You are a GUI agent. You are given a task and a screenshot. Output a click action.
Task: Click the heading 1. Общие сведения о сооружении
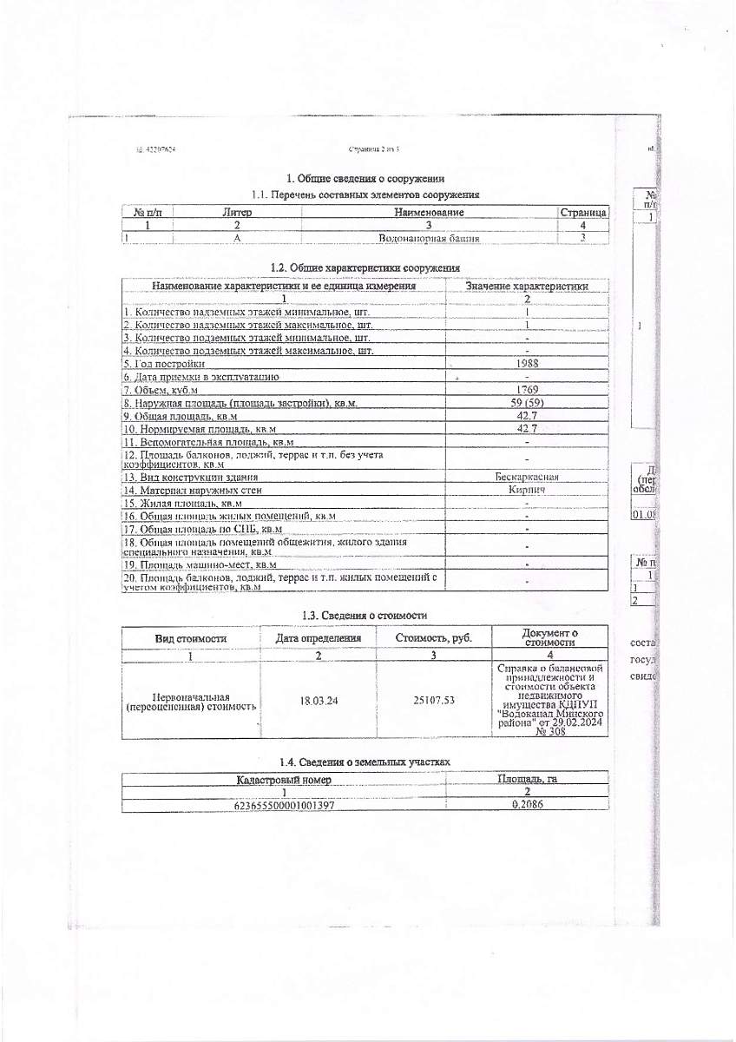click(365, 179)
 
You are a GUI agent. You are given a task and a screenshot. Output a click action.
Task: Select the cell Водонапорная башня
click(430, 238)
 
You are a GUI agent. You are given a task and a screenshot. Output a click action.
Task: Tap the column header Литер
click(236, 212)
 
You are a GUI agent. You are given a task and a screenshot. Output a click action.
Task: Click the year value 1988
click(528, 364)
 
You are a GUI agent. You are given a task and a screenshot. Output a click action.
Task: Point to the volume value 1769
click(528, 390)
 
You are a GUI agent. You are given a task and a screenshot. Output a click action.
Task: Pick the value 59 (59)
click(528, 403)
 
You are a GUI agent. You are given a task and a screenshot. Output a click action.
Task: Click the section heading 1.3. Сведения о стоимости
click(365, 615)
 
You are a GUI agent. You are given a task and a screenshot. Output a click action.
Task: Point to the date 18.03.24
click(319, 700)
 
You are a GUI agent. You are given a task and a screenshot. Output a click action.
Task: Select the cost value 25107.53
click(433, 700)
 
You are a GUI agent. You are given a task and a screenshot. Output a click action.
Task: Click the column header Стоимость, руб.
click(433, 637)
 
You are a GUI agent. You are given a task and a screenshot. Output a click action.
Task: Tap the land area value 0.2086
click(528, 806)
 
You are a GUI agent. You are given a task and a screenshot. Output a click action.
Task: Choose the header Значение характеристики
click(528, 286)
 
